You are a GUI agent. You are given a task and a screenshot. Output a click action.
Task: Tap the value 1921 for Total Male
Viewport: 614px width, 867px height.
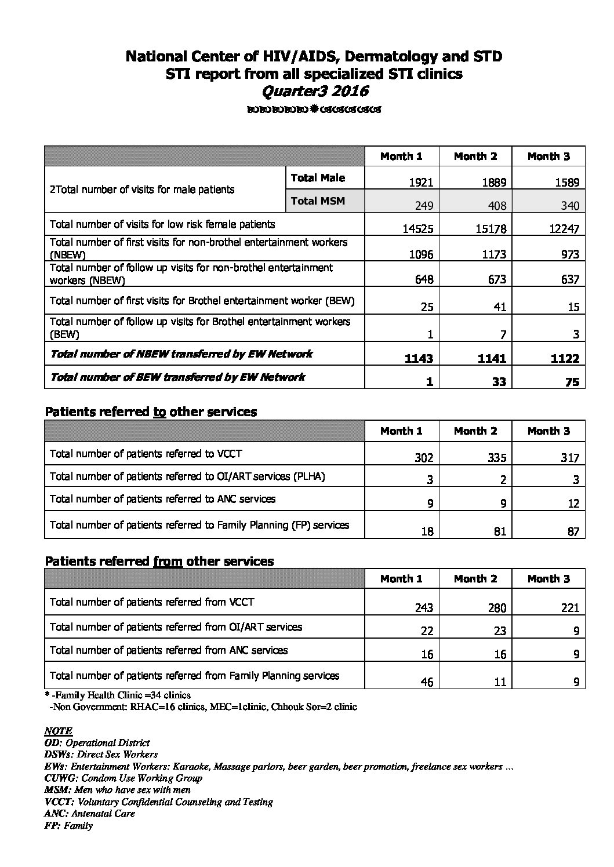tap(421, 182)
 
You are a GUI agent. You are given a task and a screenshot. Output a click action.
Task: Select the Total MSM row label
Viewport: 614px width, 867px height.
tap(318, 201)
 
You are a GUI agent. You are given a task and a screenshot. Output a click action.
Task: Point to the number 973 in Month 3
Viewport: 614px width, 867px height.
tap(570, 254)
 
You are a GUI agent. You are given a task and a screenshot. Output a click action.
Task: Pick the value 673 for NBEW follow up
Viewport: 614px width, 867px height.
tap(497, 279)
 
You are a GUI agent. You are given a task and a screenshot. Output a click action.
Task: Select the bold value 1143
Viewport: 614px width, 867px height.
tap(419, 358)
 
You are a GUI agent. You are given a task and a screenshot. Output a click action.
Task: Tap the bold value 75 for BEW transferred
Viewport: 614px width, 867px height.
tap(572, 381)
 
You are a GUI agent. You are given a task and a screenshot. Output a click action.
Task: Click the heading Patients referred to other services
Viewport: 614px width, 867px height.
tap(151, 412)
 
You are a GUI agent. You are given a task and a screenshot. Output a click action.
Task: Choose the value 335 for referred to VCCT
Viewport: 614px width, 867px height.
tap(496, 458)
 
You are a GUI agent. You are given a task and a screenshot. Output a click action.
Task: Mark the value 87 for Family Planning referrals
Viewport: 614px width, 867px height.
tap(573, 531)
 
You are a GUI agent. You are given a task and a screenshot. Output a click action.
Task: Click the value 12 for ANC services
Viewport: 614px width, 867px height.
tap(573, 503)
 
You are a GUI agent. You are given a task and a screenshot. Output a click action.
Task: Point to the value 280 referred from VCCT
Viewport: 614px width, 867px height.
tap(496, 608)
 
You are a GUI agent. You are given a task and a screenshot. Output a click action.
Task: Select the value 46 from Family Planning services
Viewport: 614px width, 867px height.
tap(427, 682)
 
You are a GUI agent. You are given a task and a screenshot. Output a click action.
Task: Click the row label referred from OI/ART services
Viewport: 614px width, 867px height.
tap(176, 626)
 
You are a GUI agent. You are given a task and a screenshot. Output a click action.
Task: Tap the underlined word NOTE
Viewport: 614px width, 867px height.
tap(59, 731)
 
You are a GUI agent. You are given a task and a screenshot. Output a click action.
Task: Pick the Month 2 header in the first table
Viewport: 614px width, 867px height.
tap(475, 156)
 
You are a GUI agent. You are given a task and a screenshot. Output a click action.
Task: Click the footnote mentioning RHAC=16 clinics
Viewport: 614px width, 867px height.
tap(203, 706)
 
